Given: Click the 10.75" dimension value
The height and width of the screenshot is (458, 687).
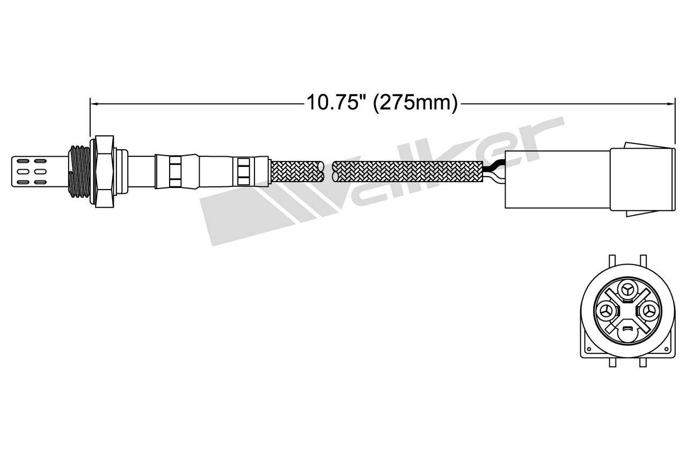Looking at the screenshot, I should (333, 102).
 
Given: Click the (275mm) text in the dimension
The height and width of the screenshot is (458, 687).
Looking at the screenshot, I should (415, 102).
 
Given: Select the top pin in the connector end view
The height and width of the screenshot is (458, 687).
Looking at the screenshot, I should (626, 290).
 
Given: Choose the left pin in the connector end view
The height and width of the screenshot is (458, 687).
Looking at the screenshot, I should (605, 311).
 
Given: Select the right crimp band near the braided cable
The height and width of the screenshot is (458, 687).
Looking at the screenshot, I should (243, 172).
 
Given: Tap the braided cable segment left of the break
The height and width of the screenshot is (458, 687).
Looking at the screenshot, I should (297, 172).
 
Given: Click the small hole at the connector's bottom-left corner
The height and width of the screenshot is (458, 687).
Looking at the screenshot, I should (589, 348).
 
